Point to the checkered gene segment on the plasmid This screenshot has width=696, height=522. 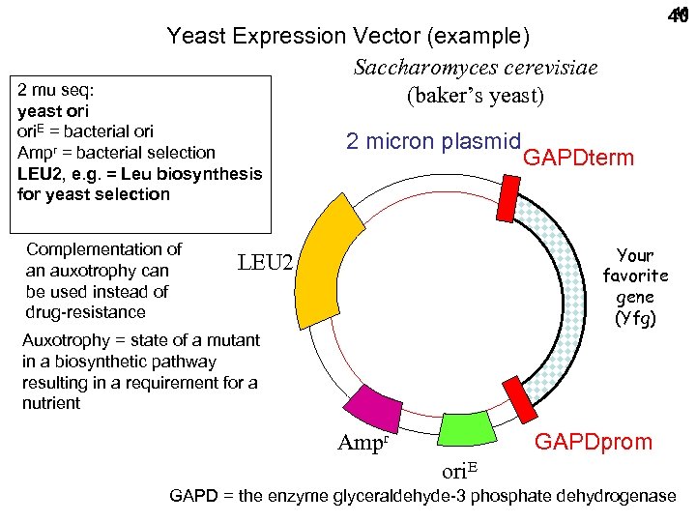pyautogui.click(x=569, y=290)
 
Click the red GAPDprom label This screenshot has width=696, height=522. pyautogui.click(x=594, y=442)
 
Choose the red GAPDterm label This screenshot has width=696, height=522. pyautogui.click(x=577, y=158)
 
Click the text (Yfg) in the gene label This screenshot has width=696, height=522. pyautogui.click(x=635, y=319)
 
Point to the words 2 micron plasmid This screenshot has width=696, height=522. pyautogui.click(x=434, y=140)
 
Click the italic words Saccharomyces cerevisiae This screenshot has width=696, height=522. pyautogui.click(x=475, y=68)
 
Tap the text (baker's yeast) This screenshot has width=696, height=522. pyautogui.click(x=475, y=97)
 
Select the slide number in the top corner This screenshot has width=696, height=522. pyautogui.click(x=677, y=15)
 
